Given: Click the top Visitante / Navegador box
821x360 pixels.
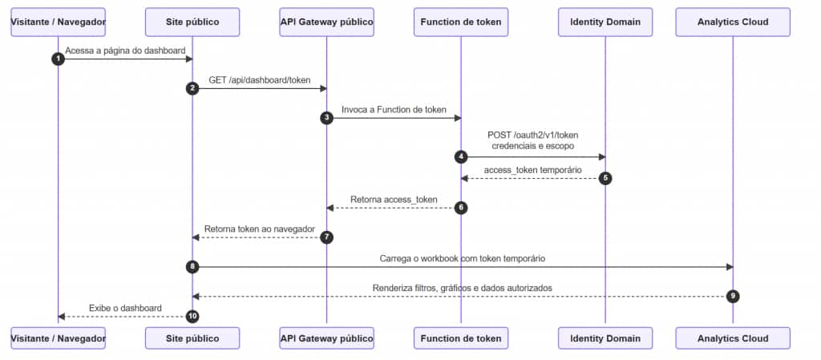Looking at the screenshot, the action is [x=58, y=22].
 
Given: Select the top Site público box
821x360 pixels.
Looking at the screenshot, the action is [x=192, y=22].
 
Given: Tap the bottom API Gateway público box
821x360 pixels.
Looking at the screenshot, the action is [x=327, y=338].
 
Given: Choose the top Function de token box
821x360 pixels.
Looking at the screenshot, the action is [x=461, y=22].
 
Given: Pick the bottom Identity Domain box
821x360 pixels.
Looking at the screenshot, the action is [x=605, y=338].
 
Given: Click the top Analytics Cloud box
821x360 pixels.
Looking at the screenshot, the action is [x=733, y=22].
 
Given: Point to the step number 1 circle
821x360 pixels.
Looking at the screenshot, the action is [x=58, y=59].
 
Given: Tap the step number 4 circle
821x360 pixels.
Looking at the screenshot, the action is [x=461, y=157].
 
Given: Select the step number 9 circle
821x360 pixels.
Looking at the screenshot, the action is [x=733, y=297].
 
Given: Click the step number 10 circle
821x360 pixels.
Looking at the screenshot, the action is [x=192, y=317].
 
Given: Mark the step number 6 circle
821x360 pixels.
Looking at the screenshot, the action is [x=461, y=208].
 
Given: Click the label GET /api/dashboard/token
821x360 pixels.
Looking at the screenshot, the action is [x=260, y=80].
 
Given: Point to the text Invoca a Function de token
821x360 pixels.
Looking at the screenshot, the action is [x=394, y=110].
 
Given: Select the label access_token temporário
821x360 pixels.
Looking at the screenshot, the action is [x=533, y=170].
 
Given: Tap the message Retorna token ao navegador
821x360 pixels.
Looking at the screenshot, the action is [x=260, y=229].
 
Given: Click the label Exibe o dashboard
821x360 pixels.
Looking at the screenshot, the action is [x=125, y=308].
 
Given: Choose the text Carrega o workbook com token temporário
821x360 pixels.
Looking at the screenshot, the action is [x=463, y=258].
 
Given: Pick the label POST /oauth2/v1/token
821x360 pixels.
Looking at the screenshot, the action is [x=533, y=136].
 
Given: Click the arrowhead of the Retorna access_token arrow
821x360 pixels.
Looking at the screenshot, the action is [x=330, y=208].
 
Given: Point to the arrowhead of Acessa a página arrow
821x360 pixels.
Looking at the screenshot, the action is [x=189, y=59].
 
